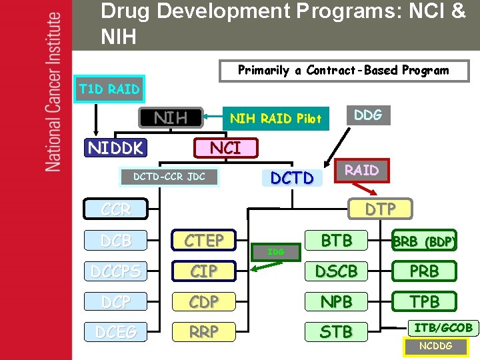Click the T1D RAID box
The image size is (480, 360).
[109, 89]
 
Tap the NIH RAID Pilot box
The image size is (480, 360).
[275, 119]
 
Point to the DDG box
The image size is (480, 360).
[367, 115]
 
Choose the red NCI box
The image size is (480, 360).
[225, 147]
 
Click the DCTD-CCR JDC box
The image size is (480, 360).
[169, 177]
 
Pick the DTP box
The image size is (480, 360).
[380, 209]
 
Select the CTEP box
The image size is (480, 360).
[204, 240]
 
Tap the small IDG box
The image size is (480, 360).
[275, 251]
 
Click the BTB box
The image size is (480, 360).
[337, 240]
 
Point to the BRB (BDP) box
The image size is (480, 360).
[424, 241]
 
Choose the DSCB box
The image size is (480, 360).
[337, 271]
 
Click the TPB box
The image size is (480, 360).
[424, 302]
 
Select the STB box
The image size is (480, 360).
[337, 331]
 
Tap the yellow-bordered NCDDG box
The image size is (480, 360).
[436, 346]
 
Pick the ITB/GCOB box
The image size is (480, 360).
[443, 327]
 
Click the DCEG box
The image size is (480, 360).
[116, 331]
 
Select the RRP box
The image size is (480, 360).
[204, 331]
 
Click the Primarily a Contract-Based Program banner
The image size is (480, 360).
[343, 70]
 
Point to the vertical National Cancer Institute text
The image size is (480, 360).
[53, 93]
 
